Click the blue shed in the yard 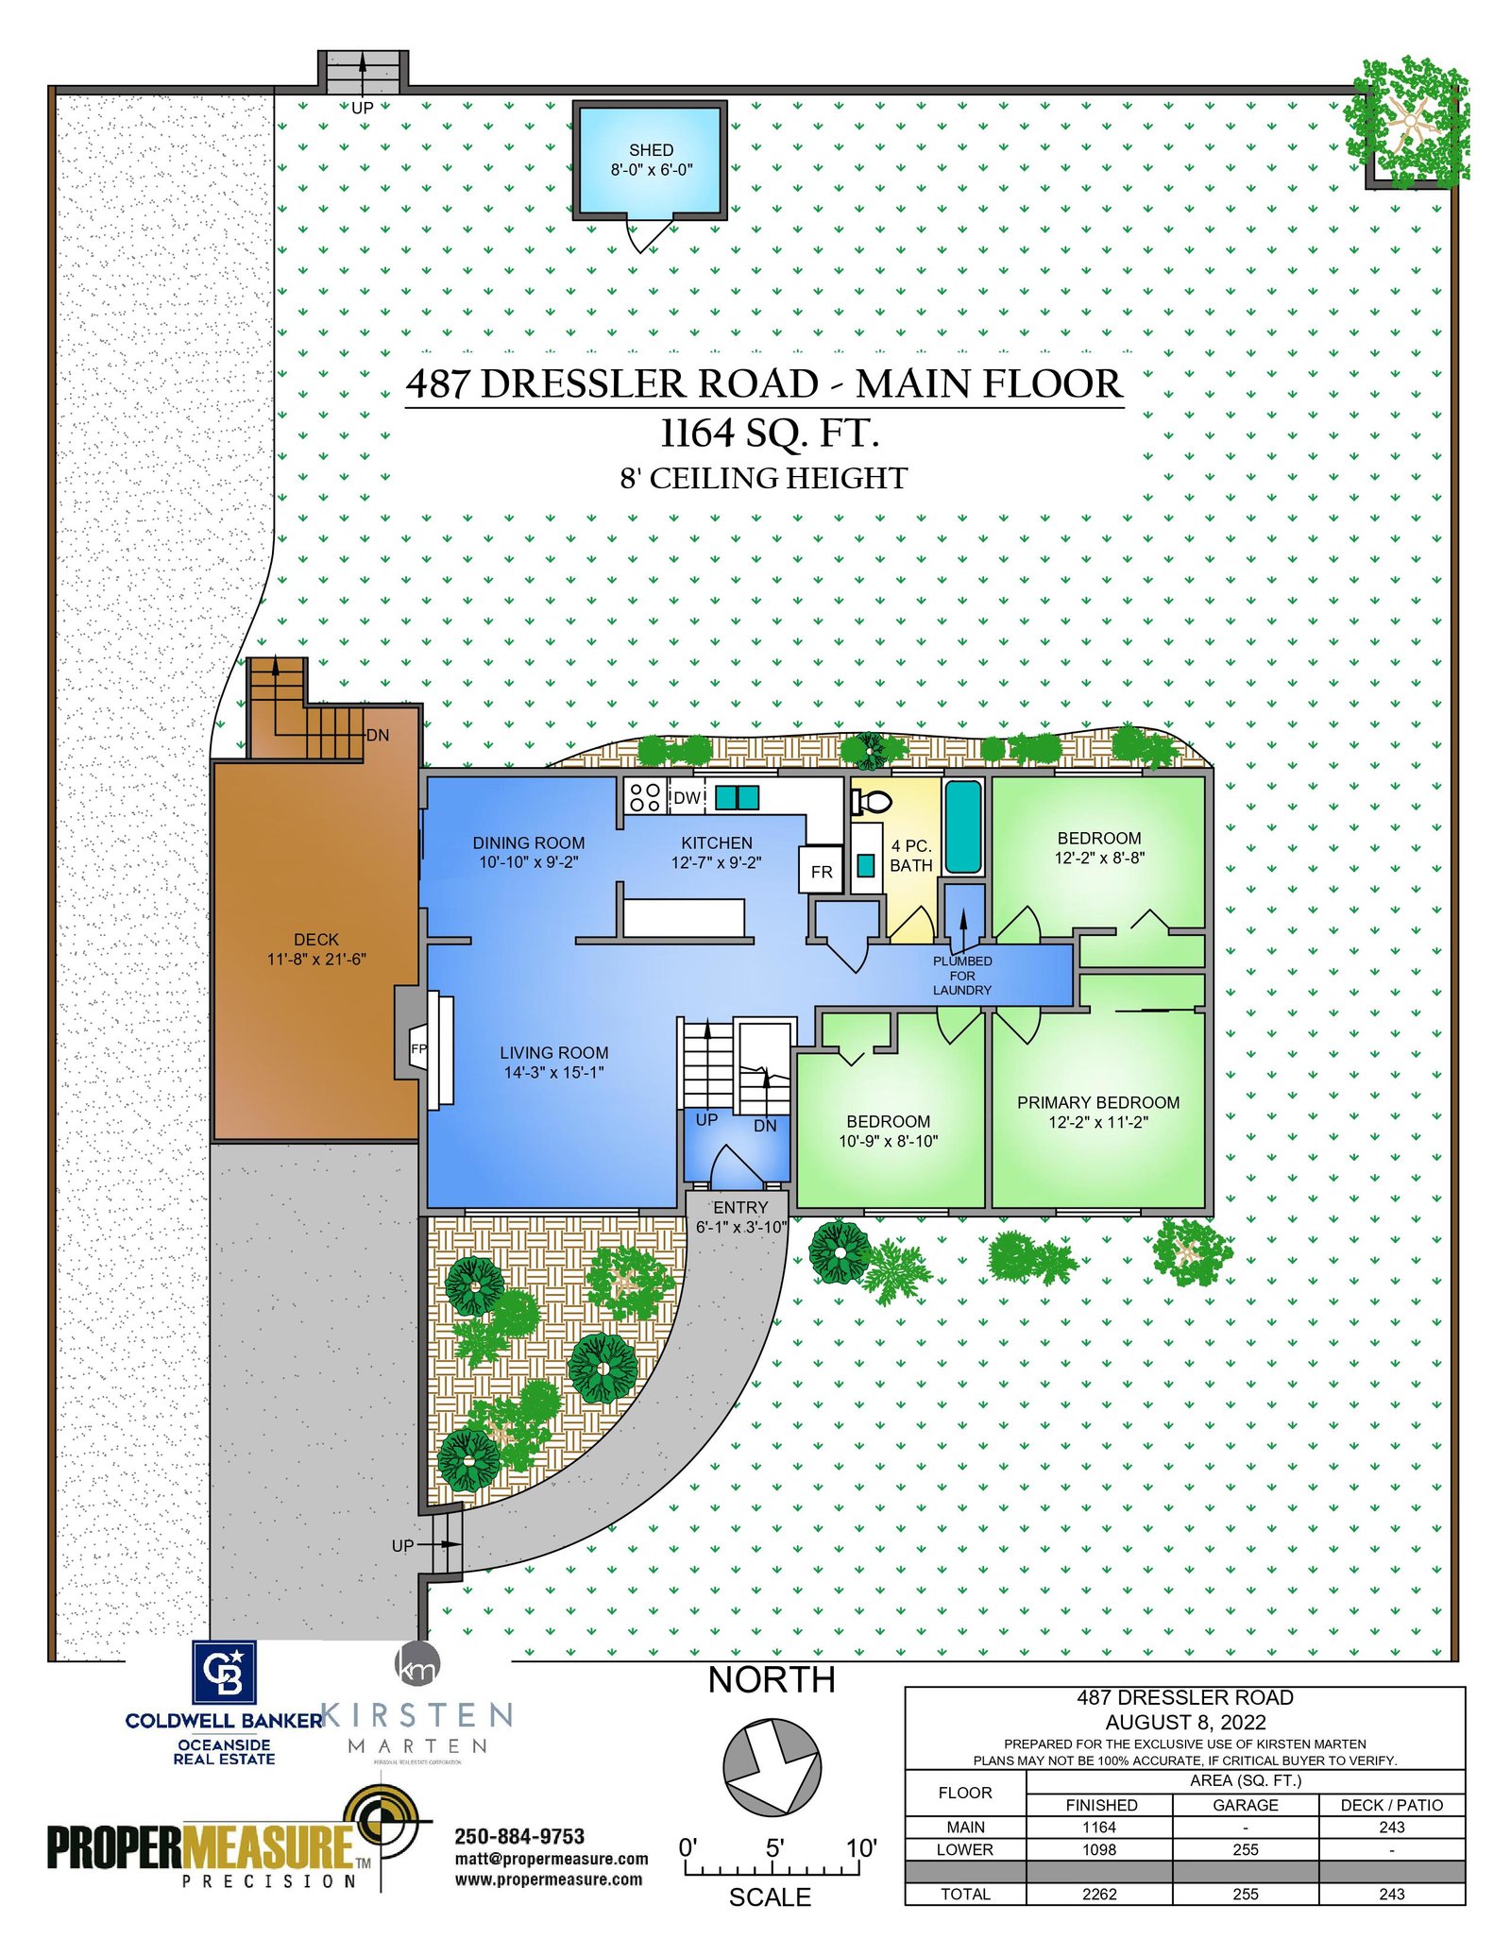click(x=650, y=160)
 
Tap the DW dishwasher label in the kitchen click(x=687, y=798)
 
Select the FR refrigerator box click(x=821, y=870)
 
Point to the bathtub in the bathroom click(x=963, y=826)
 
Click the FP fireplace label click(x=418, y=1048)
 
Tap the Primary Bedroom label click(x=1098, y=1102)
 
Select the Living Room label click(x=554, y=1052)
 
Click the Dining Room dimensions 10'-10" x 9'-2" click(x=529, y=862)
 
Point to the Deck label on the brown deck click(x=316, y=940)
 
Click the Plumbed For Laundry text click(x=962, y=976)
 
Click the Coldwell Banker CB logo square click(x=224, y=1673)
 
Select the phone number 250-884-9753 click(x=519, y=1836)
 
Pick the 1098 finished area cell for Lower click(x=1099, y=1849)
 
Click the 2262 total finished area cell click(x=1099, y=1894)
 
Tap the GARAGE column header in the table click(x=1246, y=1805)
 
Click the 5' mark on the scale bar click(x=774, y=1848)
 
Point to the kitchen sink click(x=737, y=798)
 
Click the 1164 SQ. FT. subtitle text click(x=770, y=434)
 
